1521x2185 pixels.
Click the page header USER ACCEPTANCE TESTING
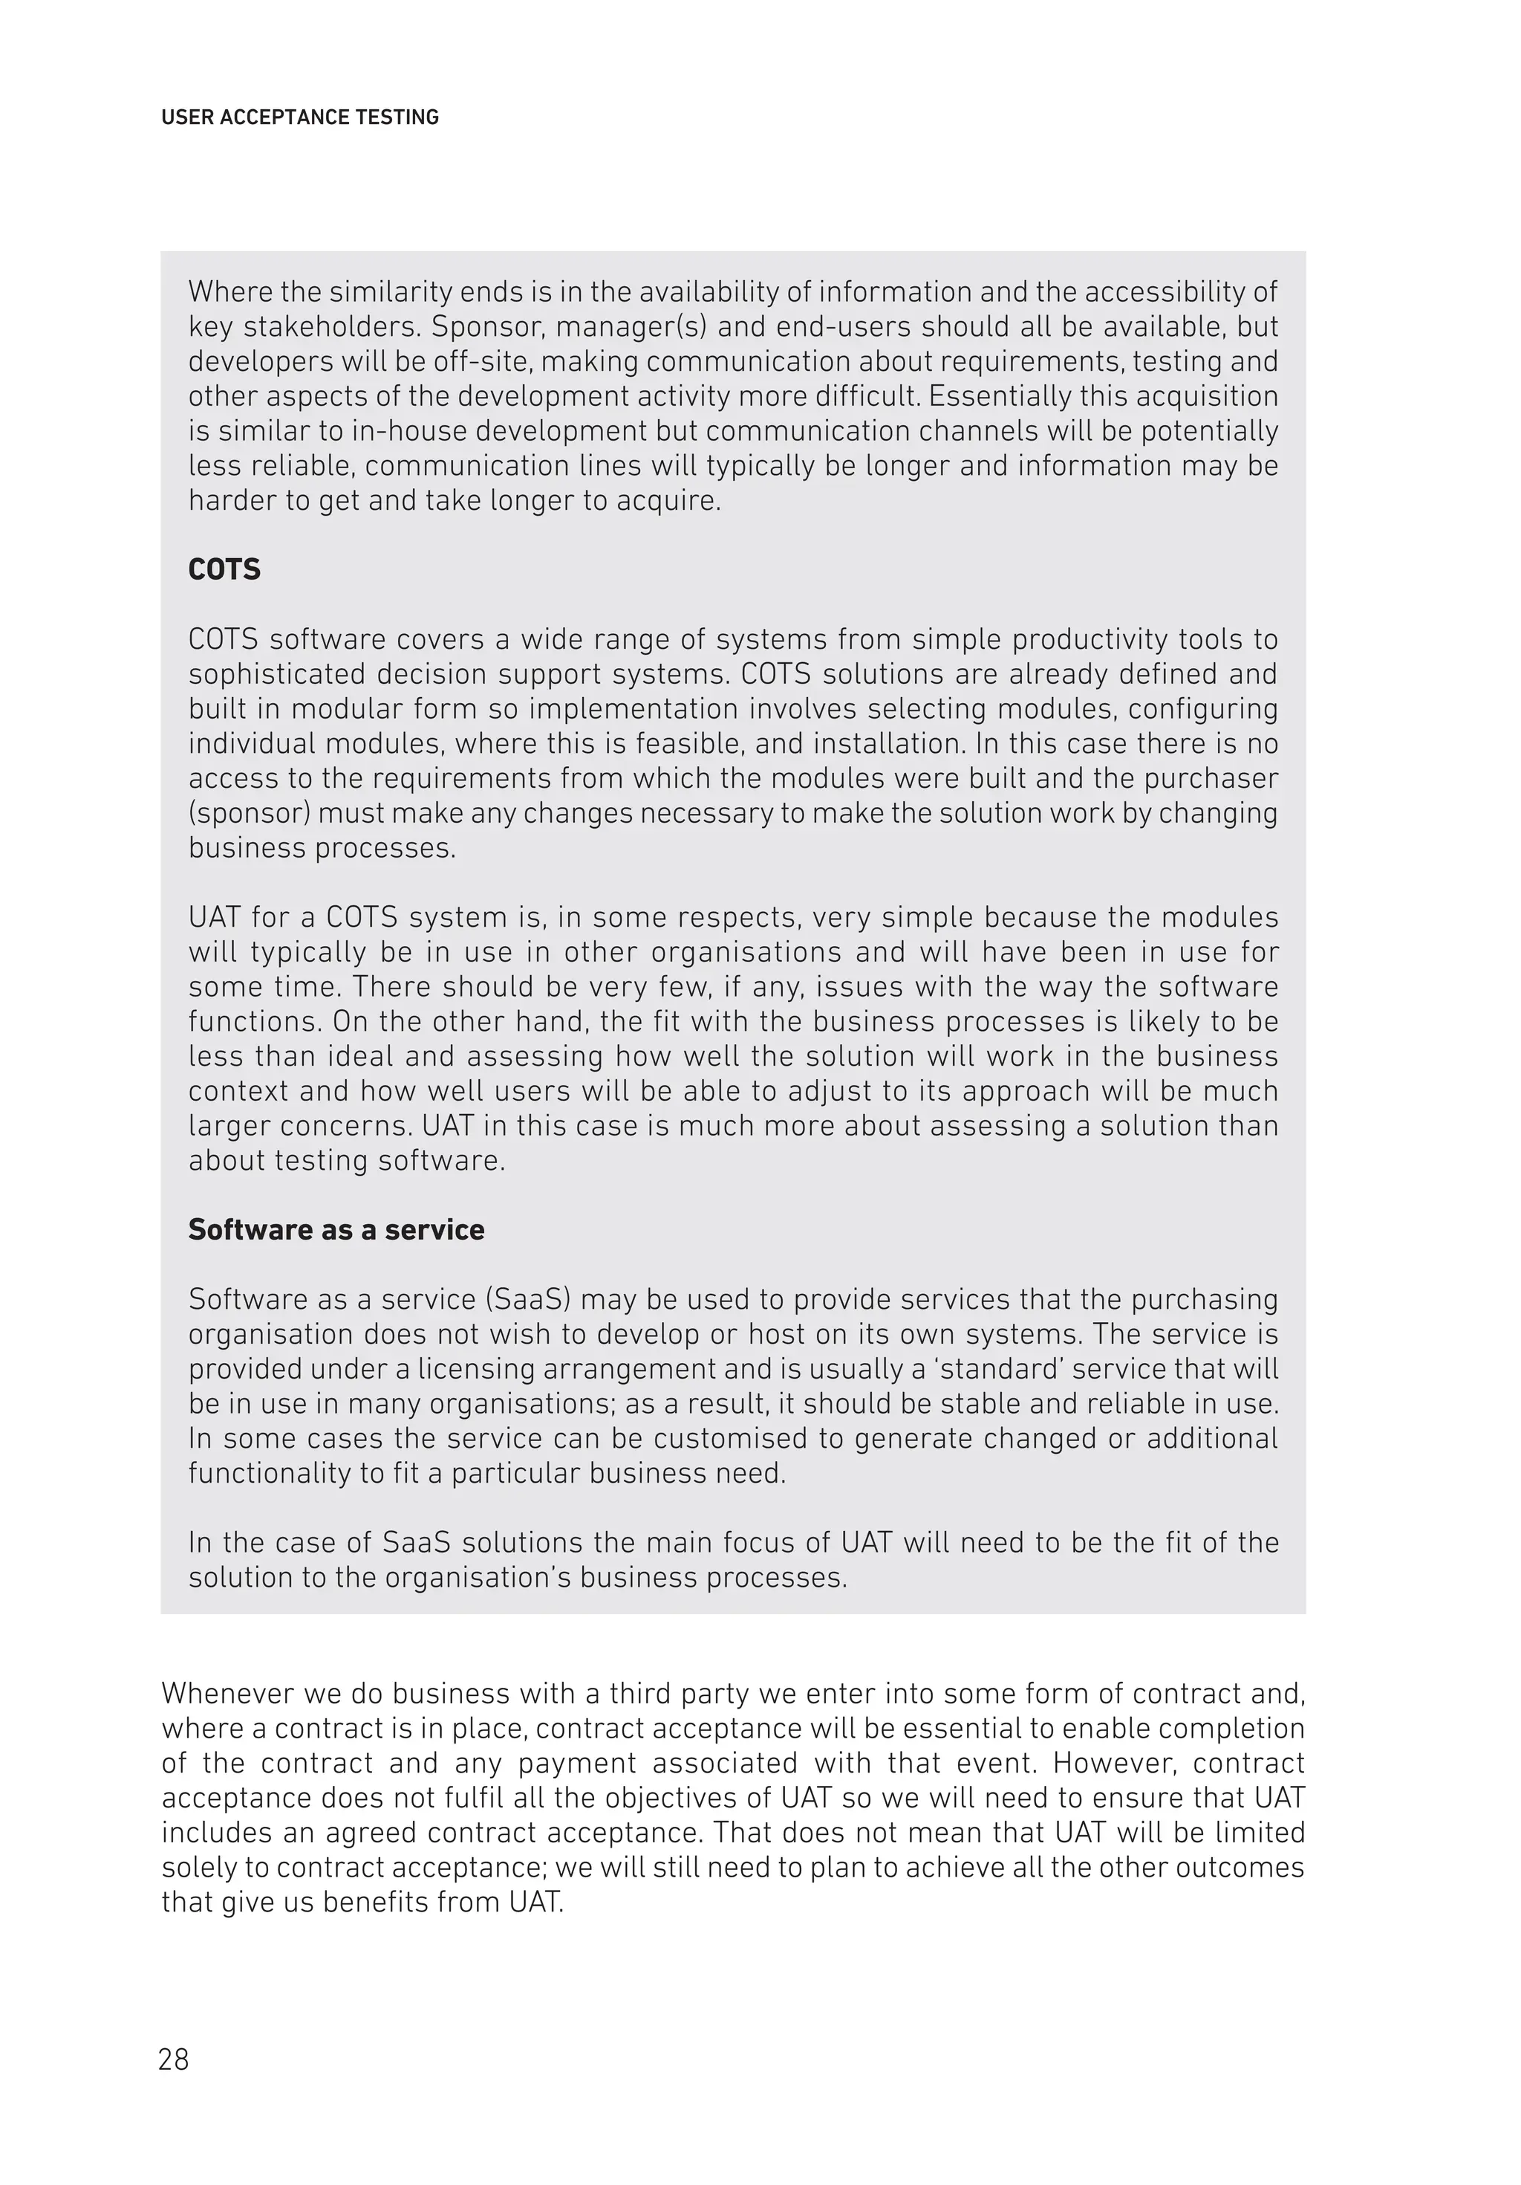(299, 117)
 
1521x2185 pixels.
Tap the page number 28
(174, 2059)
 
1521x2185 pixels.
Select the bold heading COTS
(224, 569)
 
